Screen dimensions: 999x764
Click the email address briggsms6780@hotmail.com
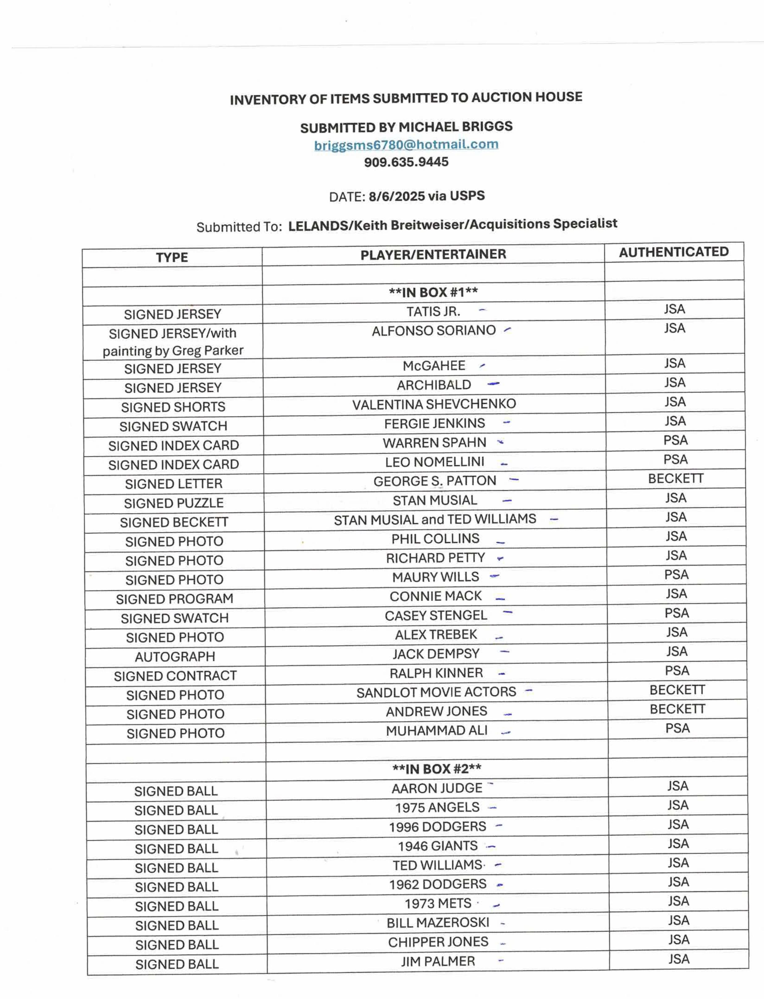point(406,145)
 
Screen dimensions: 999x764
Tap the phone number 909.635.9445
point(406,162)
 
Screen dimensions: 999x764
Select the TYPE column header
point(172,257)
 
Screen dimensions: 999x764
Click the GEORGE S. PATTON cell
point(435,481)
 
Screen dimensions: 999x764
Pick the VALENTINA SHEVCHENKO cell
point(434,404)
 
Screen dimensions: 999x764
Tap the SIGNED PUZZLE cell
point(174,503)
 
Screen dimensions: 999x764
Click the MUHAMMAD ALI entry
point(437,731)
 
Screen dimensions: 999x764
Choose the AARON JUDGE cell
point(437,788)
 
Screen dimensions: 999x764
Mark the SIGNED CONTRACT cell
point(175,676)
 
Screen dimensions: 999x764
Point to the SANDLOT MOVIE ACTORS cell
point(436,692)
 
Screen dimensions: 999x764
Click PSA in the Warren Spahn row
point(675,440)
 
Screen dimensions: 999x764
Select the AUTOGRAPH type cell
point(175,657)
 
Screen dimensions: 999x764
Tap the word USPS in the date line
point(467,196)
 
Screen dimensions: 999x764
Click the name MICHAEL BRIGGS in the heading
point(455,126)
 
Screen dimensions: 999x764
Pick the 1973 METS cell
point(438,903)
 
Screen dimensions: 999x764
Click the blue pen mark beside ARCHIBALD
point(493,384)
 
